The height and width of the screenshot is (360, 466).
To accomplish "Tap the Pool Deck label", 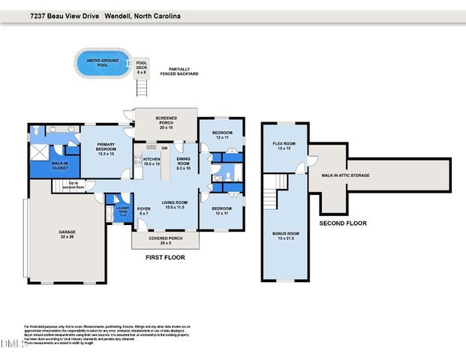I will point(141,67).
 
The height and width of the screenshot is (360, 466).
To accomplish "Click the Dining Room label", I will point(184,163).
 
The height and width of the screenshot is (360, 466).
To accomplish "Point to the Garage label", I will point(68,234).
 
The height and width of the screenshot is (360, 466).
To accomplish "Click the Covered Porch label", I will point(164,240).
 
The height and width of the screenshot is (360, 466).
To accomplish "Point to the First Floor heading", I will point(164,257).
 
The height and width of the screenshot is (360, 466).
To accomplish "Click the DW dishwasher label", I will point(163,149).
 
